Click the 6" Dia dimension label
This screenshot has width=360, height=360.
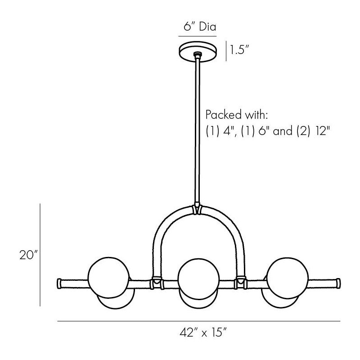[200, 27]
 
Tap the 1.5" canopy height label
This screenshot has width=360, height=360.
[239, 50]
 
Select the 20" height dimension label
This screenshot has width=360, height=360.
[28, 255]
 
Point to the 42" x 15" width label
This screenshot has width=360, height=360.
[203, 332]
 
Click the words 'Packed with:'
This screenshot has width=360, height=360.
[237, 115]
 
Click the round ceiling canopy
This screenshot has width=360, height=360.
[198, 52]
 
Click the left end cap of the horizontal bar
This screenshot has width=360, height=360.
[59, 283]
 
